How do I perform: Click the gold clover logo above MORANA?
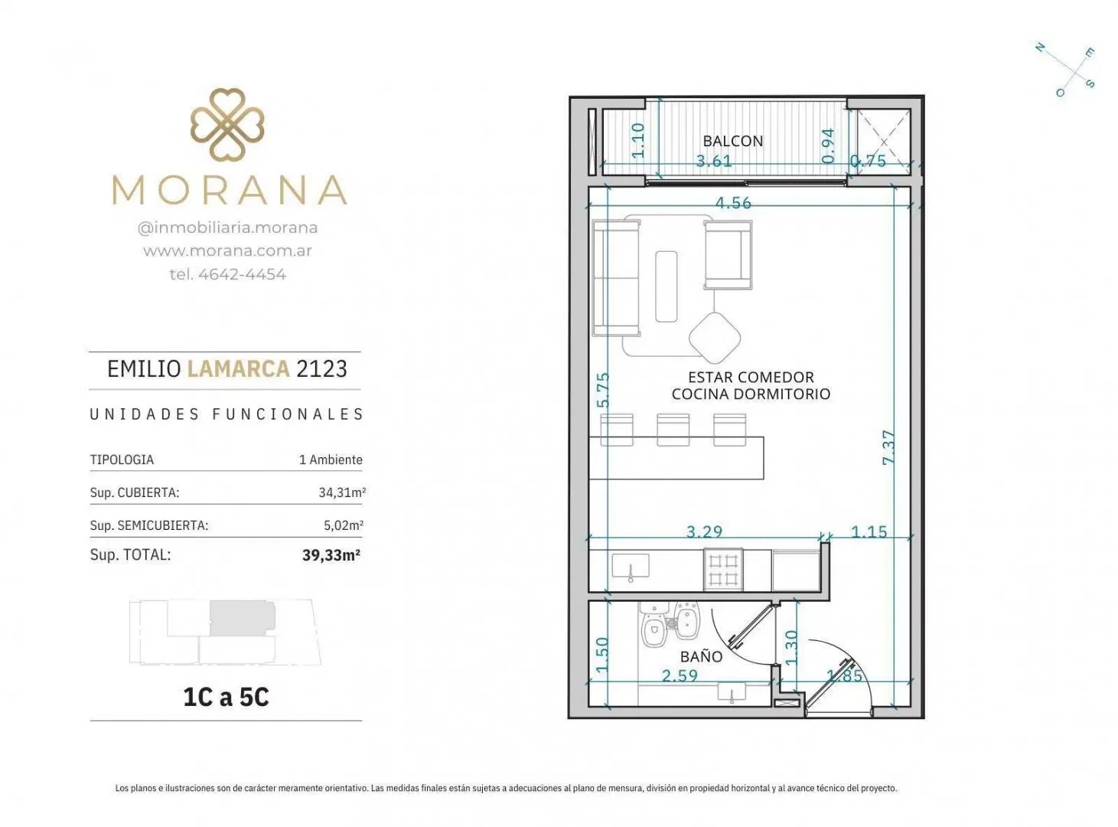tap(227, 125)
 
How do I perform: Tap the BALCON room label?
tap(733, 141)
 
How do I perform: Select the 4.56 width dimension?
tap(733, 203)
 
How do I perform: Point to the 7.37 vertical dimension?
tap(888, 447)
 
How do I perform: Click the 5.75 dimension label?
tap(603, 390)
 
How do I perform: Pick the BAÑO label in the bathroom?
tap(701, 656)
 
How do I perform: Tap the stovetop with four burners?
tap(723, 570)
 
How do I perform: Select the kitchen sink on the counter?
tap(630, 567)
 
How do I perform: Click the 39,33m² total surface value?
tap(331, 555)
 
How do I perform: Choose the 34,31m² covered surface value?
tap(342, 492)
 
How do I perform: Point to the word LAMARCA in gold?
tap(239, 369)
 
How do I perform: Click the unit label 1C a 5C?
tap(227, 697)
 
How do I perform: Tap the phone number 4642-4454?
tap(242, 274)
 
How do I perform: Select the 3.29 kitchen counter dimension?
tap(704, 531)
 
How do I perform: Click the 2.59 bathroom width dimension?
tap(680, 675)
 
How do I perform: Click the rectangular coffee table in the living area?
tap(666, 286)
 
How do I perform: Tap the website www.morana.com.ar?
tap(227, 250)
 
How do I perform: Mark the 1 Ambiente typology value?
tap(331, 459)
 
